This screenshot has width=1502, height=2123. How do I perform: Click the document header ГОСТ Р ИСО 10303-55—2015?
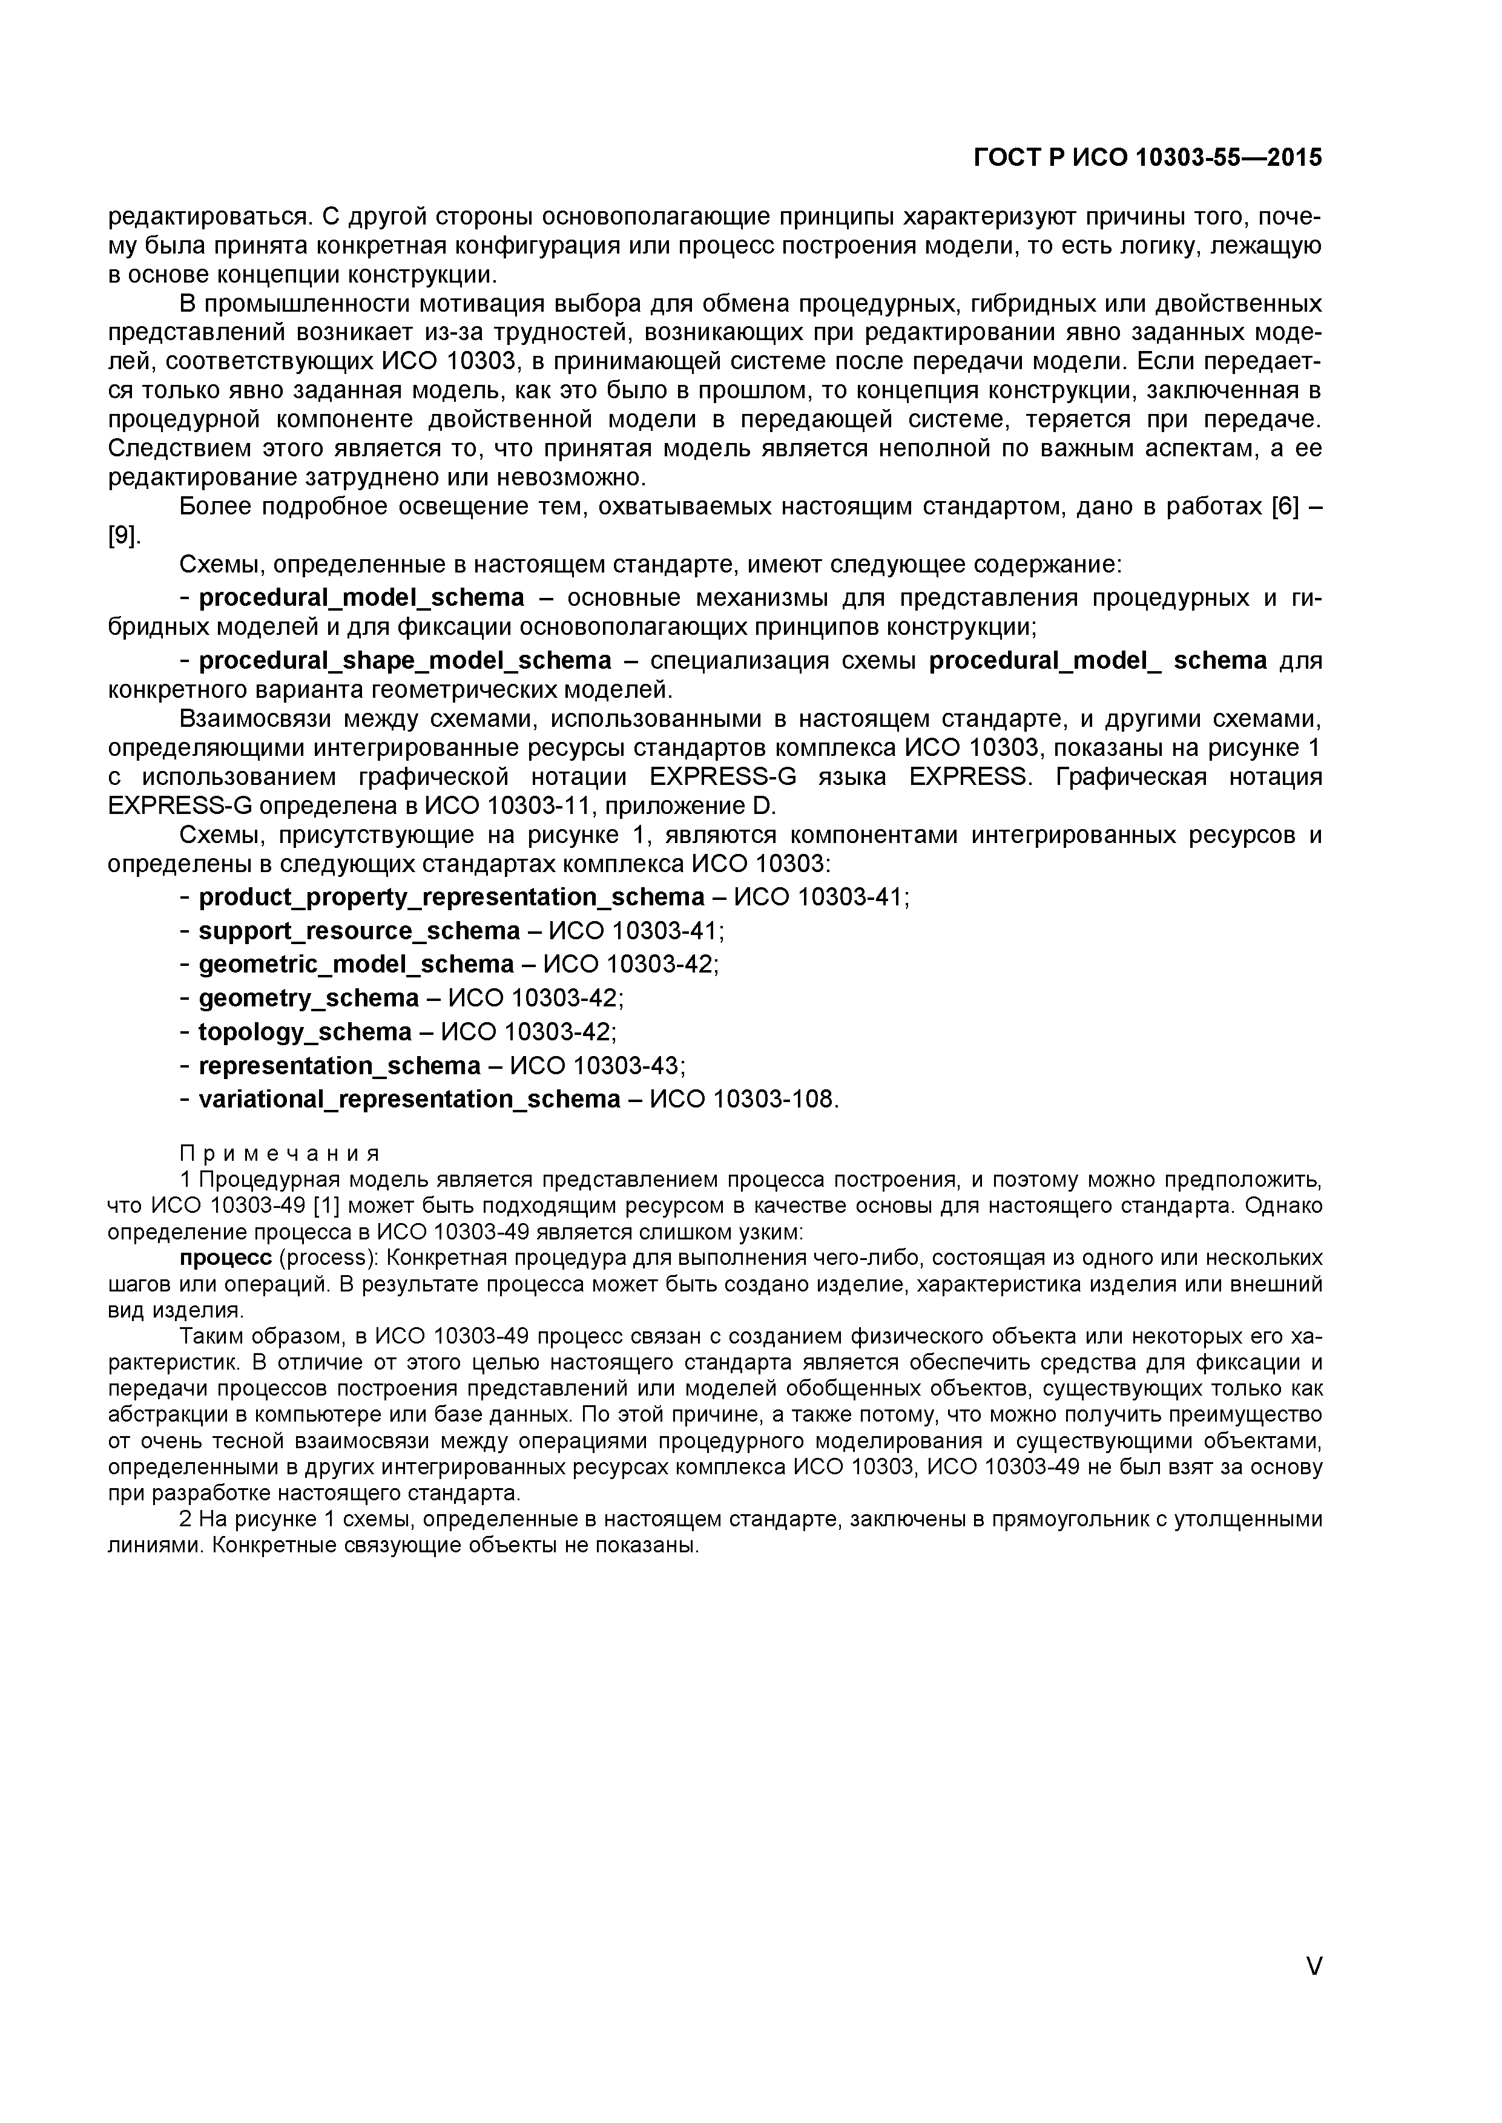tap(1148, 158)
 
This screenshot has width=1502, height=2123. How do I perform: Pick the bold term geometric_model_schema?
tap(356, 965)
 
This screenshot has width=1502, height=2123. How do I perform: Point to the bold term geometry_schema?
tap(309, 999)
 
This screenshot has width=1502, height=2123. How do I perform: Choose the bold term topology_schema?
tap(305, 1032)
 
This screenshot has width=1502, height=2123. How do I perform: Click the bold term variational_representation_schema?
tap(410, 1100)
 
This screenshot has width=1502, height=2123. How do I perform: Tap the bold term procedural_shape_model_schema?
tap(405, 660)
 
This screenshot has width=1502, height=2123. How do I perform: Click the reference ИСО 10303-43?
tap(596, 1066)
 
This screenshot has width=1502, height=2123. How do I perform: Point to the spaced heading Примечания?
tap(279, 1154)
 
